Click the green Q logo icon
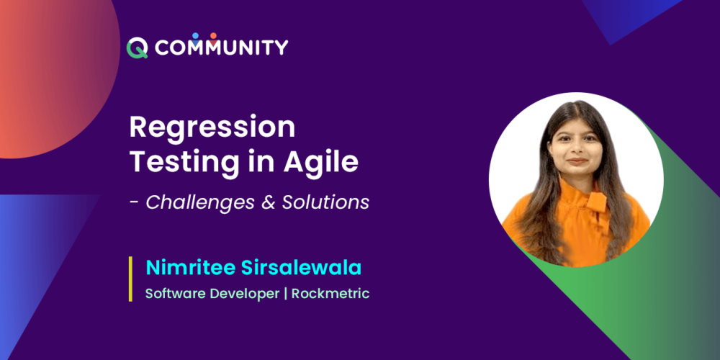137,48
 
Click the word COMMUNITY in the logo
221,48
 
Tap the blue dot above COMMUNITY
195,35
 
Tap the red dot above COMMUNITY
213,35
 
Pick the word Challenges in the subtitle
201,202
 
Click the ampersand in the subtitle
269,202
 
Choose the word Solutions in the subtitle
326,202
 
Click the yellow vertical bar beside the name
131,279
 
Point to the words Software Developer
212,294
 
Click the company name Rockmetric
330,294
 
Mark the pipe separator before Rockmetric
286,294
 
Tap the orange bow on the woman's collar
596,202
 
